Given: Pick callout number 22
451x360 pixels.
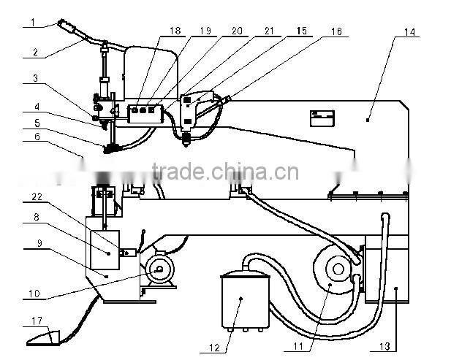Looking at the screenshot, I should point(36,198).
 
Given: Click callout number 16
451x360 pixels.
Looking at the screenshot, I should point(335,33).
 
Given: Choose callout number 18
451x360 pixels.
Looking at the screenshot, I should point(174,31).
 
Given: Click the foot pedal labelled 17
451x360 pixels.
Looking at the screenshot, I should point(43,337).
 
